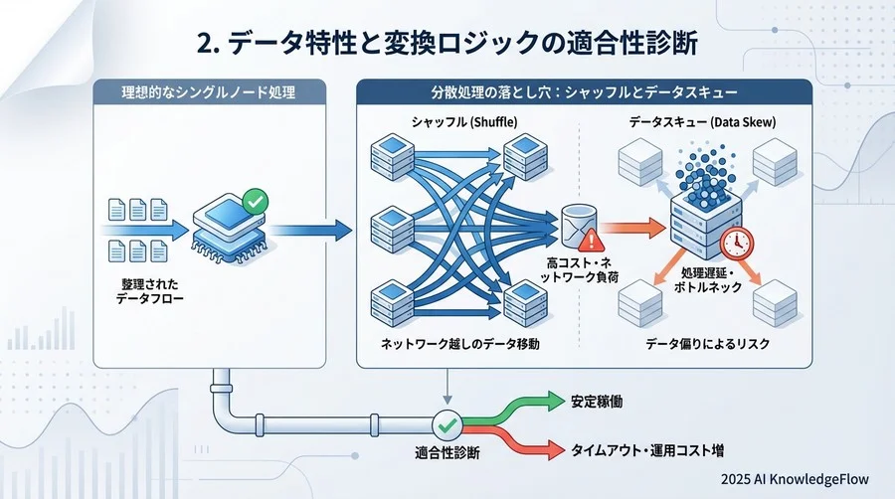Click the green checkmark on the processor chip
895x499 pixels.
point(255,203)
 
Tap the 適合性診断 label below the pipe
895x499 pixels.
point(447,453)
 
